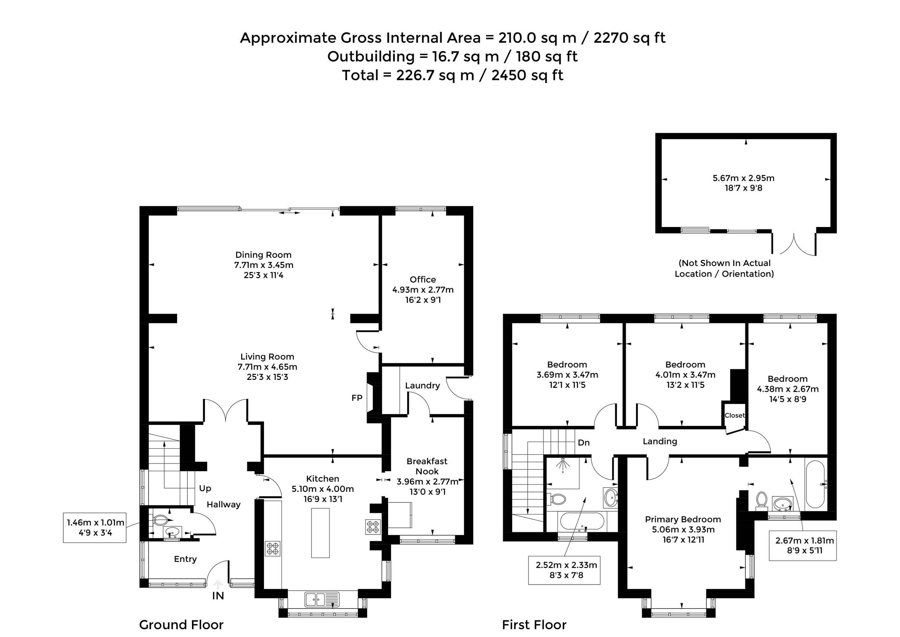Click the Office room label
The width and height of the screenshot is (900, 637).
pyautogui.click(x=423, y=279)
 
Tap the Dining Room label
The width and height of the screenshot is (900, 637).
pyautogui.click(x=263, y=255)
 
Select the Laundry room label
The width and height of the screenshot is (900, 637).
pyautogui.click(x=422, y=385)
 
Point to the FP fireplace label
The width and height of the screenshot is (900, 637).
pyautogui.click(x=357, y=398)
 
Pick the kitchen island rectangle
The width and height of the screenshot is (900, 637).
pyautogui.click(x=320, y=533)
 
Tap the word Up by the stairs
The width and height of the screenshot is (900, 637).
pyautogui.click(x=205, y=488)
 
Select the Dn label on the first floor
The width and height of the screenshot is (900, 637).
pyautogui.click(x=584, y=442)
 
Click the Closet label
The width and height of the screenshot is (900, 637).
pyautogui.click(x=734, y=415)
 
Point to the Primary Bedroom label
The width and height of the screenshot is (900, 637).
pyautogui.click(x=683, y=519)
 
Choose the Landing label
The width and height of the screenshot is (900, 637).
pyautogui.click(x=660, y=441)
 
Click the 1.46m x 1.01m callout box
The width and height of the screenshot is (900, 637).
pyautogui.click(x=95, y=528)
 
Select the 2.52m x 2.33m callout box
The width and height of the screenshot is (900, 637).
pyautogui.click(x=564, y=570)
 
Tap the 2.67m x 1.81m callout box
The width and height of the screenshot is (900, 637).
pyautogui.click(x=802, y=546)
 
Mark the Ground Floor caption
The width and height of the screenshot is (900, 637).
pyautogui.click(x=181, y=624)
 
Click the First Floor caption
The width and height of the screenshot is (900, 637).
pyautogui.click(x=534, y=624)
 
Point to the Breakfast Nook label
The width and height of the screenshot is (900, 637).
pyautogui.click(x=427, y=466)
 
